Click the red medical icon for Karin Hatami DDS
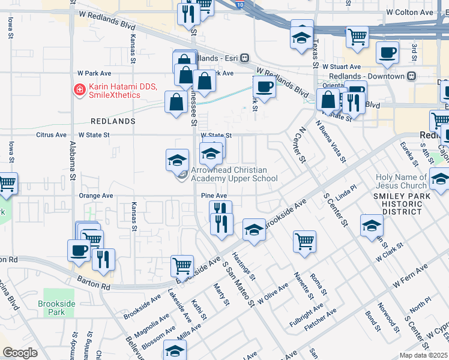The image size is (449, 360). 79,90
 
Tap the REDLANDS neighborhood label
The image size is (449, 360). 113,121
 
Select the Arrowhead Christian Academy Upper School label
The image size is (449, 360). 234,175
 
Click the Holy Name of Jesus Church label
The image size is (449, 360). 401,181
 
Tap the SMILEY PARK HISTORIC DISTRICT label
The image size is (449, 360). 406,203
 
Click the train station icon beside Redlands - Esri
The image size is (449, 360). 244,58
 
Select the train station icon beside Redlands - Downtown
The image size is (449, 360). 411,76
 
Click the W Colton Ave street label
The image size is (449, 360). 410,12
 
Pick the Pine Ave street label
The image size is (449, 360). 214,196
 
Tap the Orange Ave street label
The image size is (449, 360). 96,196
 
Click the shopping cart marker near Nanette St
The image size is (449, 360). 304,241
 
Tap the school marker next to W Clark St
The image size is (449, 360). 372,225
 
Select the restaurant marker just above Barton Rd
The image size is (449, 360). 104,259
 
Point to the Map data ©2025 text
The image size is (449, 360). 423,355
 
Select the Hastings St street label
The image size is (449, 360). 244,268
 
